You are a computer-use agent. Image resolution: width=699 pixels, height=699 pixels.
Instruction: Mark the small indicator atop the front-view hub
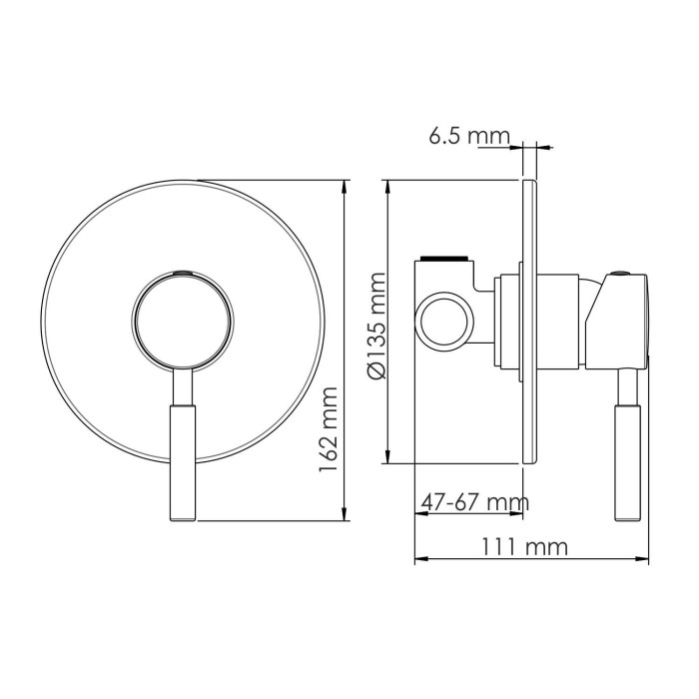(184, 272)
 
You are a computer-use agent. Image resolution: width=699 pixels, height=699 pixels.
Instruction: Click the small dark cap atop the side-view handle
(623, 273)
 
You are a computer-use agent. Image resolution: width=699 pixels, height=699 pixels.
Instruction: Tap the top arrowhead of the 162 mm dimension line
(347, 187)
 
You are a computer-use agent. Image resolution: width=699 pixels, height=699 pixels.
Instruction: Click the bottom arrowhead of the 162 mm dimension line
(347, 516)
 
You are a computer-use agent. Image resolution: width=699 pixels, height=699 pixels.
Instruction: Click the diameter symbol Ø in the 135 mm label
(377, 370)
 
